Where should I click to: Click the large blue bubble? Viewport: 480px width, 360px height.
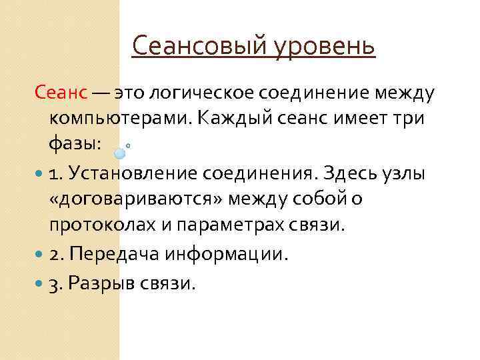pyautogui.click(x=120, y=153)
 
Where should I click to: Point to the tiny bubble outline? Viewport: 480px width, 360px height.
pyautogui.click(x=128, y=145)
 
